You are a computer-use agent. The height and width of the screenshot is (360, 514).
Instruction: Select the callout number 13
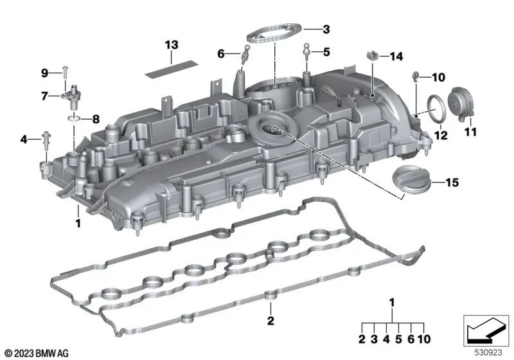tap(172, 45)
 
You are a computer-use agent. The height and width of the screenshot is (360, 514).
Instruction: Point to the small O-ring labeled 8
tap(74, 118)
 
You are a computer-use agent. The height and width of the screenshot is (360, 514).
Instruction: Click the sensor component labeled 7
tap(73, 96)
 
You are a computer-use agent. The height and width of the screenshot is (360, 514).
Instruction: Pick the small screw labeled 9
tap(66, 73)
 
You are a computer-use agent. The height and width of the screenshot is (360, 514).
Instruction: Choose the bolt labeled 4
tap(46, 139)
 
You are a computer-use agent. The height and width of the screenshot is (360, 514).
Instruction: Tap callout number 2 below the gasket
tap(270, 321)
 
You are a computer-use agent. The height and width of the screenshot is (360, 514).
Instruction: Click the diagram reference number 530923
tap(488, 353)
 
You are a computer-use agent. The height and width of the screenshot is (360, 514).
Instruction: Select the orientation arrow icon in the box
tap(486, 330)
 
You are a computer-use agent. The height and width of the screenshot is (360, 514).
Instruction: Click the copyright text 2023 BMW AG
tap(37, 353)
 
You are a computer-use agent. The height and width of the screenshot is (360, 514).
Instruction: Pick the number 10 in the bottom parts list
tap(424, 339)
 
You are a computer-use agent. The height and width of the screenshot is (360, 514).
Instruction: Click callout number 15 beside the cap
tap(452, 183)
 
